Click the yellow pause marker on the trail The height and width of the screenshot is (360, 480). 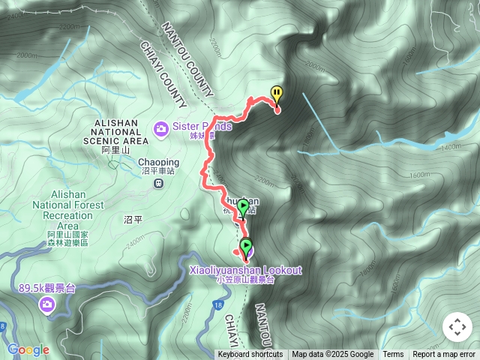pyautogui.click(x=277, y=94)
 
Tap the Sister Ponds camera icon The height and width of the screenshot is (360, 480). pyautogui.click(x=160, y=129)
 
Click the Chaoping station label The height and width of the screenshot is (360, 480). pyautogui.click(x=158, y=162)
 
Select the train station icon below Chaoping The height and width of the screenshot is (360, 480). pyautogui.click(x=158, y=183)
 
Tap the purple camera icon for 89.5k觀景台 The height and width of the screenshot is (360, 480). pyautogui.click(x=47, y=304)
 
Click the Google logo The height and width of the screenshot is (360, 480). pyautogui.click(x=28, y=349)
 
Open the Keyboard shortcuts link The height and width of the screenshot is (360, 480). pyautogui.click(x=250, y=355)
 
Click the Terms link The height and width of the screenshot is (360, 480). pyautogui.click(x=393, y=355)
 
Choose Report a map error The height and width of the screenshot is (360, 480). pyautogui.click(x=444, y=355)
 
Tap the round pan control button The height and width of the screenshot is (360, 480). pyautogui.click(x=457, y=327)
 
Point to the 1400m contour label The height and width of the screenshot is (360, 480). pyautogui.click(x=451, y=148)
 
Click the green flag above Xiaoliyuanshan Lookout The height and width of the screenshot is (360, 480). pyautogui.click(x=243, y=207)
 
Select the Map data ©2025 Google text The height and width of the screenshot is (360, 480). pyautogui.click(x=332, y=355)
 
